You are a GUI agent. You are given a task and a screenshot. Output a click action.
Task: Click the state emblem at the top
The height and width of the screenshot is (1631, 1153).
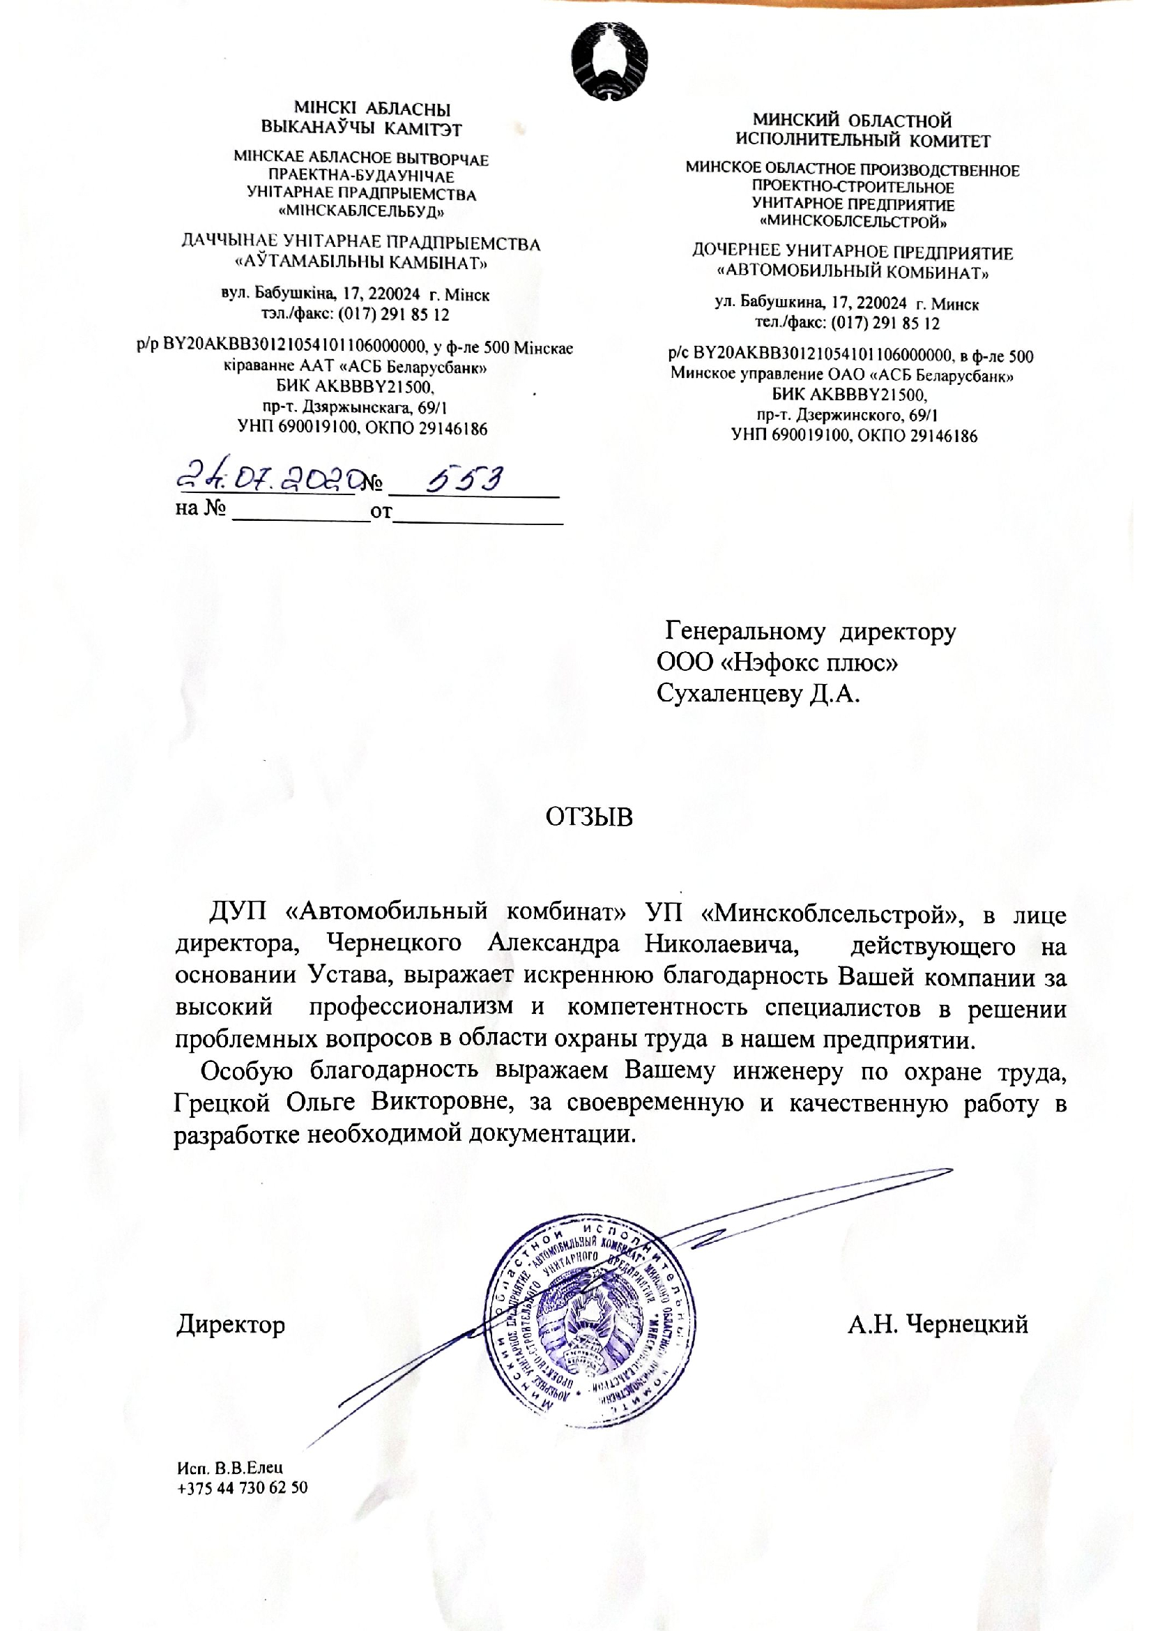610,60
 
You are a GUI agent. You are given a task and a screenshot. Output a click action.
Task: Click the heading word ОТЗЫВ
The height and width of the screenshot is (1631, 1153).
588,818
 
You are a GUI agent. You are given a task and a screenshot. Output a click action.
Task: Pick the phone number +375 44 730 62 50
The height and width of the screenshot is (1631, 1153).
242,1487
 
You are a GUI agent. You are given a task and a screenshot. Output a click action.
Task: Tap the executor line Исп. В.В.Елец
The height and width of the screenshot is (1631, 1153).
231,1468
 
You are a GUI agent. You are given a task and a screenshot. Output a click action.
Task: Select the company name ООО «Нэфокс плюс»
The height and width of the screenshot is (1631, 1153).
777,662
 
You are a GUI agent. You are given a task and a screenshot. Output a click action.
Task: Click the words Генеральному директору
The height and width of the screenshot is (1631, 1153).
810,632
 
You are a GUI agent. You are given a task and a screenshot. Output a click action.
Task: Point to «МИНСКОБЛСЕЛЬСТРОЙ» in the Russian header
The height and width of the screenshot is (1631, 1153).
853,222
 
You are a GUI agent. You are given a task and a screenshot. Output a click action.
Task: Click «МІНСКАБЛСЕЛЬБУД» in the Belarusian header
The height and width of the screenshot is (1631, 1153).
361,212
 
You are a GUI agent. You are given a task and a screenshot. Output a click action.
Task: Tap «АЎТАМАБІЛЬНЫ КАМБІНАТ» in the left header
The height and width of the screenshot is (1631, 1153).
361,264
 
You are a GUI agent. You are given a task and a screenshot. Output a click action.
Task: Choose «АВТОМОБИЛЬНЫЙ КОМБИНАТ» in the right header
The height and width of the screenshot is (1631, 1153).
853,271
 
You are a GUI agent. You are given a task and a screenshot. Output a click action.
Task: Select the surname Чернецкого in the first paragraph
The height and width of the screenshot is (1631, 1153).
394,944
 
